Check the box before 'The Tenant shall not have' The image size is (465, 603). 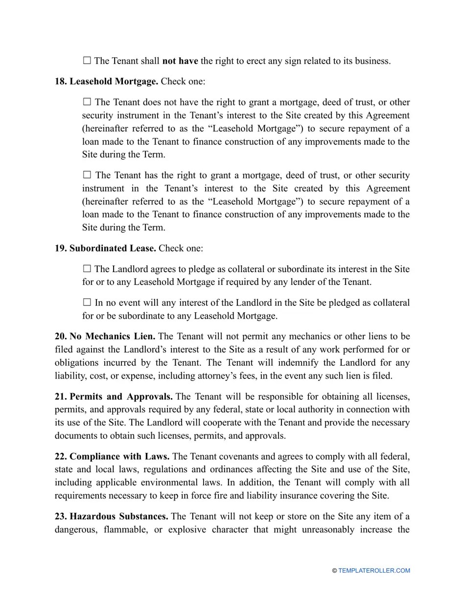[x=87, y=61]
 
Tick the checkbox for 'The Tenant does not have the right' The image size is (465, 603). [x=87, y=102]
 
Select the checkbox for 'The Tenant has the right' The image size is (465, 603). [x=87, y=175]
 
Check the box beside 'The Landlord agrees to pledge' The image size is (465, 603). [x=87, y=269]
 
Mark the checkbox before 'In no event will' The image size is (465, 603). [x=87, y=302]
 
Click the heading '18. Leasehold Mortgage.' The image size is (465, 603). [x=106, y=81]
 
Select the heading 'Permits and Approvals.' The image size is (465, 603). [x=121, y=396]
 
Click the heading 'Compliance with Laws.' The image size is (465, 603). [x=119, y=456]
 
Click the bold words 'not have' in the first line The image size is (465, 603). [x=180, y=61]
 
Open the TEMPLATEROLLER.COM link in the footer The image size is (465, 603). [x=374, y=571]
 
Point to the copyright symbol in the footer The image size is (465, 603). [x=334, y=571]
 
